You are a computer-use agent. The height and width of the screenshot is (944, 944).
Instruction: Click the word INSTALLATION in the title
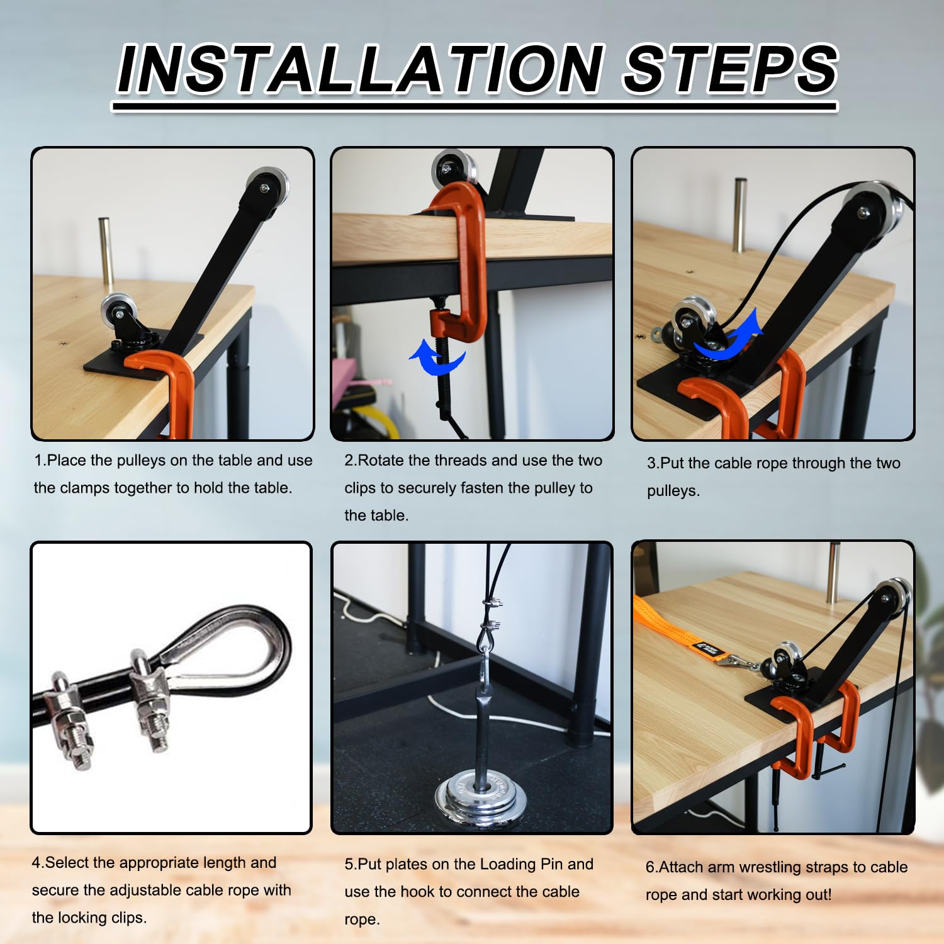pos(360,69)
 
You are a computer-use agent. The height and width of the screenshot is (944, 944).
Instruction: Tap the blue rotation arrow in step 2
pos(437,357)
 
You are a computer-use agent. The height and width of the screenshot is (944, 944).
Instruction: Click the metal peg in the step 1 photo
pos(106,254)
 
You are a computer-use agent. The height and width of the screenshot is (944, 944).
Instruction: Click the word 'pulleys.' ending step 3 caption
pos(673,491)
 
